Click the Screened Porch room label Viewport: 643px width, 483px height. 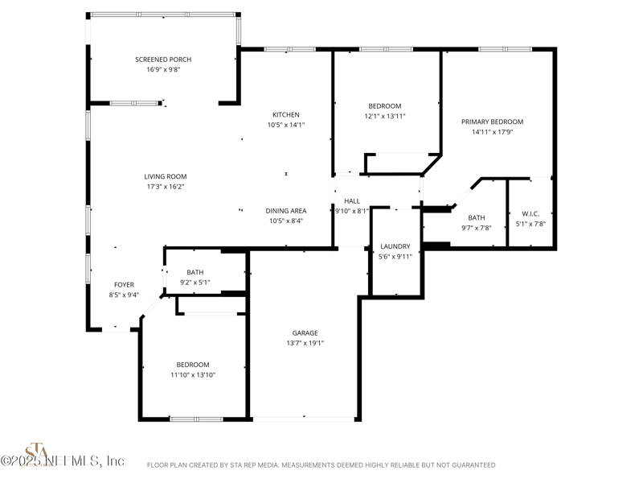pos(163,60)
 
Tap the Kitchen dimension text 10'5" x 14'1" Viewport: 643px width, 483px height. pos(286,125)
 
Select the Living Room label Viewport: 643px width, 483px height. pos(166,176)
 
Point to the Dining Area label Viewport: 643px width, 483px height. pos(286,211)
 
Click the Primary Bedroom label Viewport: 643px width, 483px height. pos(492,122)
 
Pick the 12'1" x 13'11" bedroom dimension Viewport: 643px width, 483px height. pos(385,116)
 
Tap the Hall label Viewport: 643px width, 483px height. pos(352,201)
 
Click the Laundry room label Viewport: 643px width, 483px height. pos(395,246)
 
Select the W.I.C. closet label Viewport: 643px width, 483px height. pos(530,214)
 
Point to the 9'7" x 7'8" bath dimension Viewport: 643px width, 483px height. pos(477,228)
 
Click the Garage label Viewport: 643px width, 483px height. pos(305,333)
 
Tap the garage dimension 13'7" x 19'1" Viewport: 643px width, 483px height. pos(305,344)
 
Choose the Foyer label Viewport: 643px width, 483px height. pos(124,285)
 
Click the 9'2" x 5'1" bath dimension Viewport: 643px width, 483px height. pos(195,283)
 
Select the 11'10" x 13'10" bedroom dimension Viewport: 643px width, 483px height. pos(193,375)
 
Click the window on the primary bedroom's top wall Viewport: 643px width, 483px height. pos(506,49)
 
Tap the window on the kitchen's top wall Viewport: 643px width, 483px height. pos(290,49)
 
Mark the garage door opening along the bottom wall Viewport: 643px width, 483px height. pos(304,419)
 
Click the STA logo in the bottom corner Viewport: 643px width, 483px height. pos(38,454)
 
